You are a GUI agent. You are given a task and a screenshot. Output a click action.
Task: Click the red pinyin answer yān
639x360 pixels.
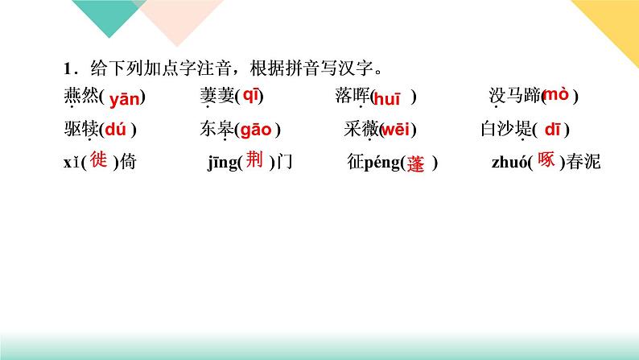pos(124,99)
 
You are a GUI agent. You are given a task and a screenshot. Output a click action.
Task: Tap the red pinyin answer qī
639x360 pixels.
pos(251,95)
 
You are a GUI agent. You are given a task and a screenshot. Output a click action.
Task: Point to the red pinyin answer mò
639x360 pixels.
pos(556,94)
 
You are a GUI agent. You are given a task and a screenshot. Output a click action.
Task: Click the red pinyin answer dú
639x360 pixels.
pos(119,130)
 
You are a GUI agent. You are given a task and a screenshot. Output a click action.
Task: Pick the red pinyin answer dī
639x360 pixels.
pos(554,129)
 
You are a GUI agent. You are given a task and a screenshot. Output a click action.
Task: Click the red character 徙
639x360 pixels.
pos(98,160)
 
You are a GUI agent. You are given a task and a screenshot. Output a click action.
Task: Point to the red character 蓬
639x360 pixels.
pos(415,163)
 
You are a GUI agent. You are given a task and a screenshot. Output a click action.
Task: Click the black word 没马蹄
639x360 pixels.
pos(514,97)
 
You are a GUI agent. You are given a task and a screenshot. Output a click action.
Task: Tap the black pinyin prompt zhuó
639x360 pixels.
pos(507,163)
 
